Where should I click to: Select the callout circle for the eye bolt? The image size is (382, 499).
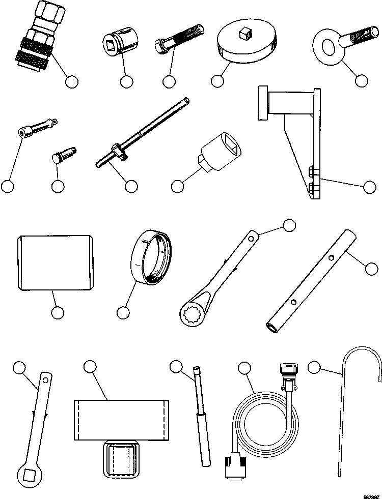point(362,80)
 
